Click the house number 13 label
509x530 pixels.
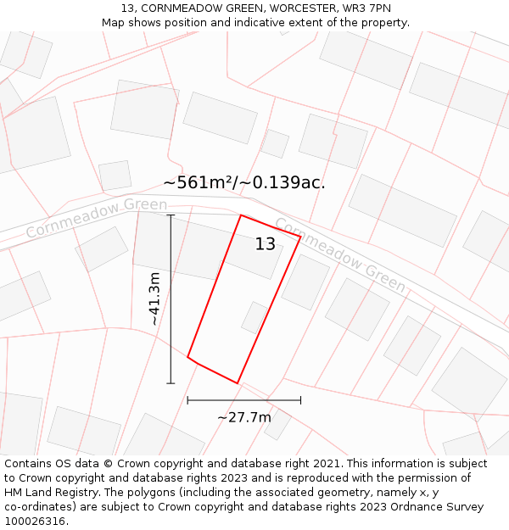[x=266, y=244]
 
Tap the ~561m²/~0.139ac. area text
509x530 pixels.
[x=244, y=182]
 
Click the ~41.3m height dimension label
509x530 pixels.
[x=154, y=298]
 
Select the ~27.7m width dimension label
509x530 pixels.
[x=244, y=417]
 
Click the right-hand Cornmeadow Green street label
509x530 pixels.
[x=340, y=254]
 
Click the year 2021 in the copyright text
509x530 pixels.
[x=327, y=464]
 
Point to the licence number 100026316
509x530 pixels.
[x=35, y=522]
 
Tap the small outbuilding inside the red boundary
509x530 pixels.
[x=254, y=317]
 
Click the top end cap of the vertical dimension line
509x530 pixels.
[x=171, y=215]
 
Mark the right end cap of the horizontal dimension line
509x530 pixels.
[x=300, y=400]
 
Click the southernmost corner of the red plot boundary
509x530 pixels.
[x=237, y=383]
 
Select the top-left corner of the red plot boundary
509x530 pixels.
[x=241, y=215]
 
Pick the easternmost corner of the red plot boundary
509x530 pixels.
[x=300, y=238]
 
